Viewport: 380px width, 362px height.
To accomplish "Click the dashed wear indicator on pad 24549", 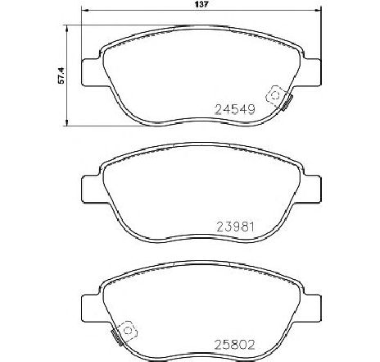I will pyautogui.click(x=275, y=94).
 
